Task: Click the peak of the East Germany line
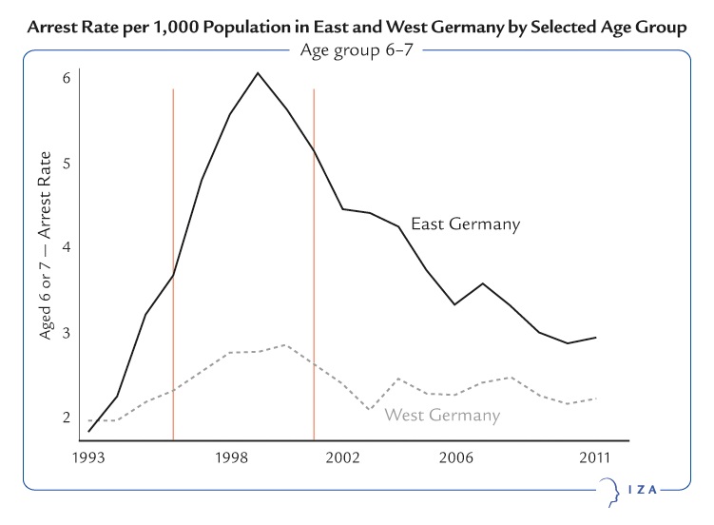pyautogui.click(x=258, y=73)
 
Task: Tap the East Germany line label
pyautogui.click(x=465, y=225)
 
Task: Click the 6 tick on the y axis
pyautogui.click(x=67, y=77)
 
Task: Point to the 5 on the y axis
pyautogui.click(x=67, y=163)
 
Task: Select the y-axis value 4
pyautogui.click(x=67, y=247)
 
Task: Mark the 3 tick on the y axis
pyautogui.click(x=67, y=333)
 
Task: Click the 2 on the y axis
pyautogui.click(x=67, y=418)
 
